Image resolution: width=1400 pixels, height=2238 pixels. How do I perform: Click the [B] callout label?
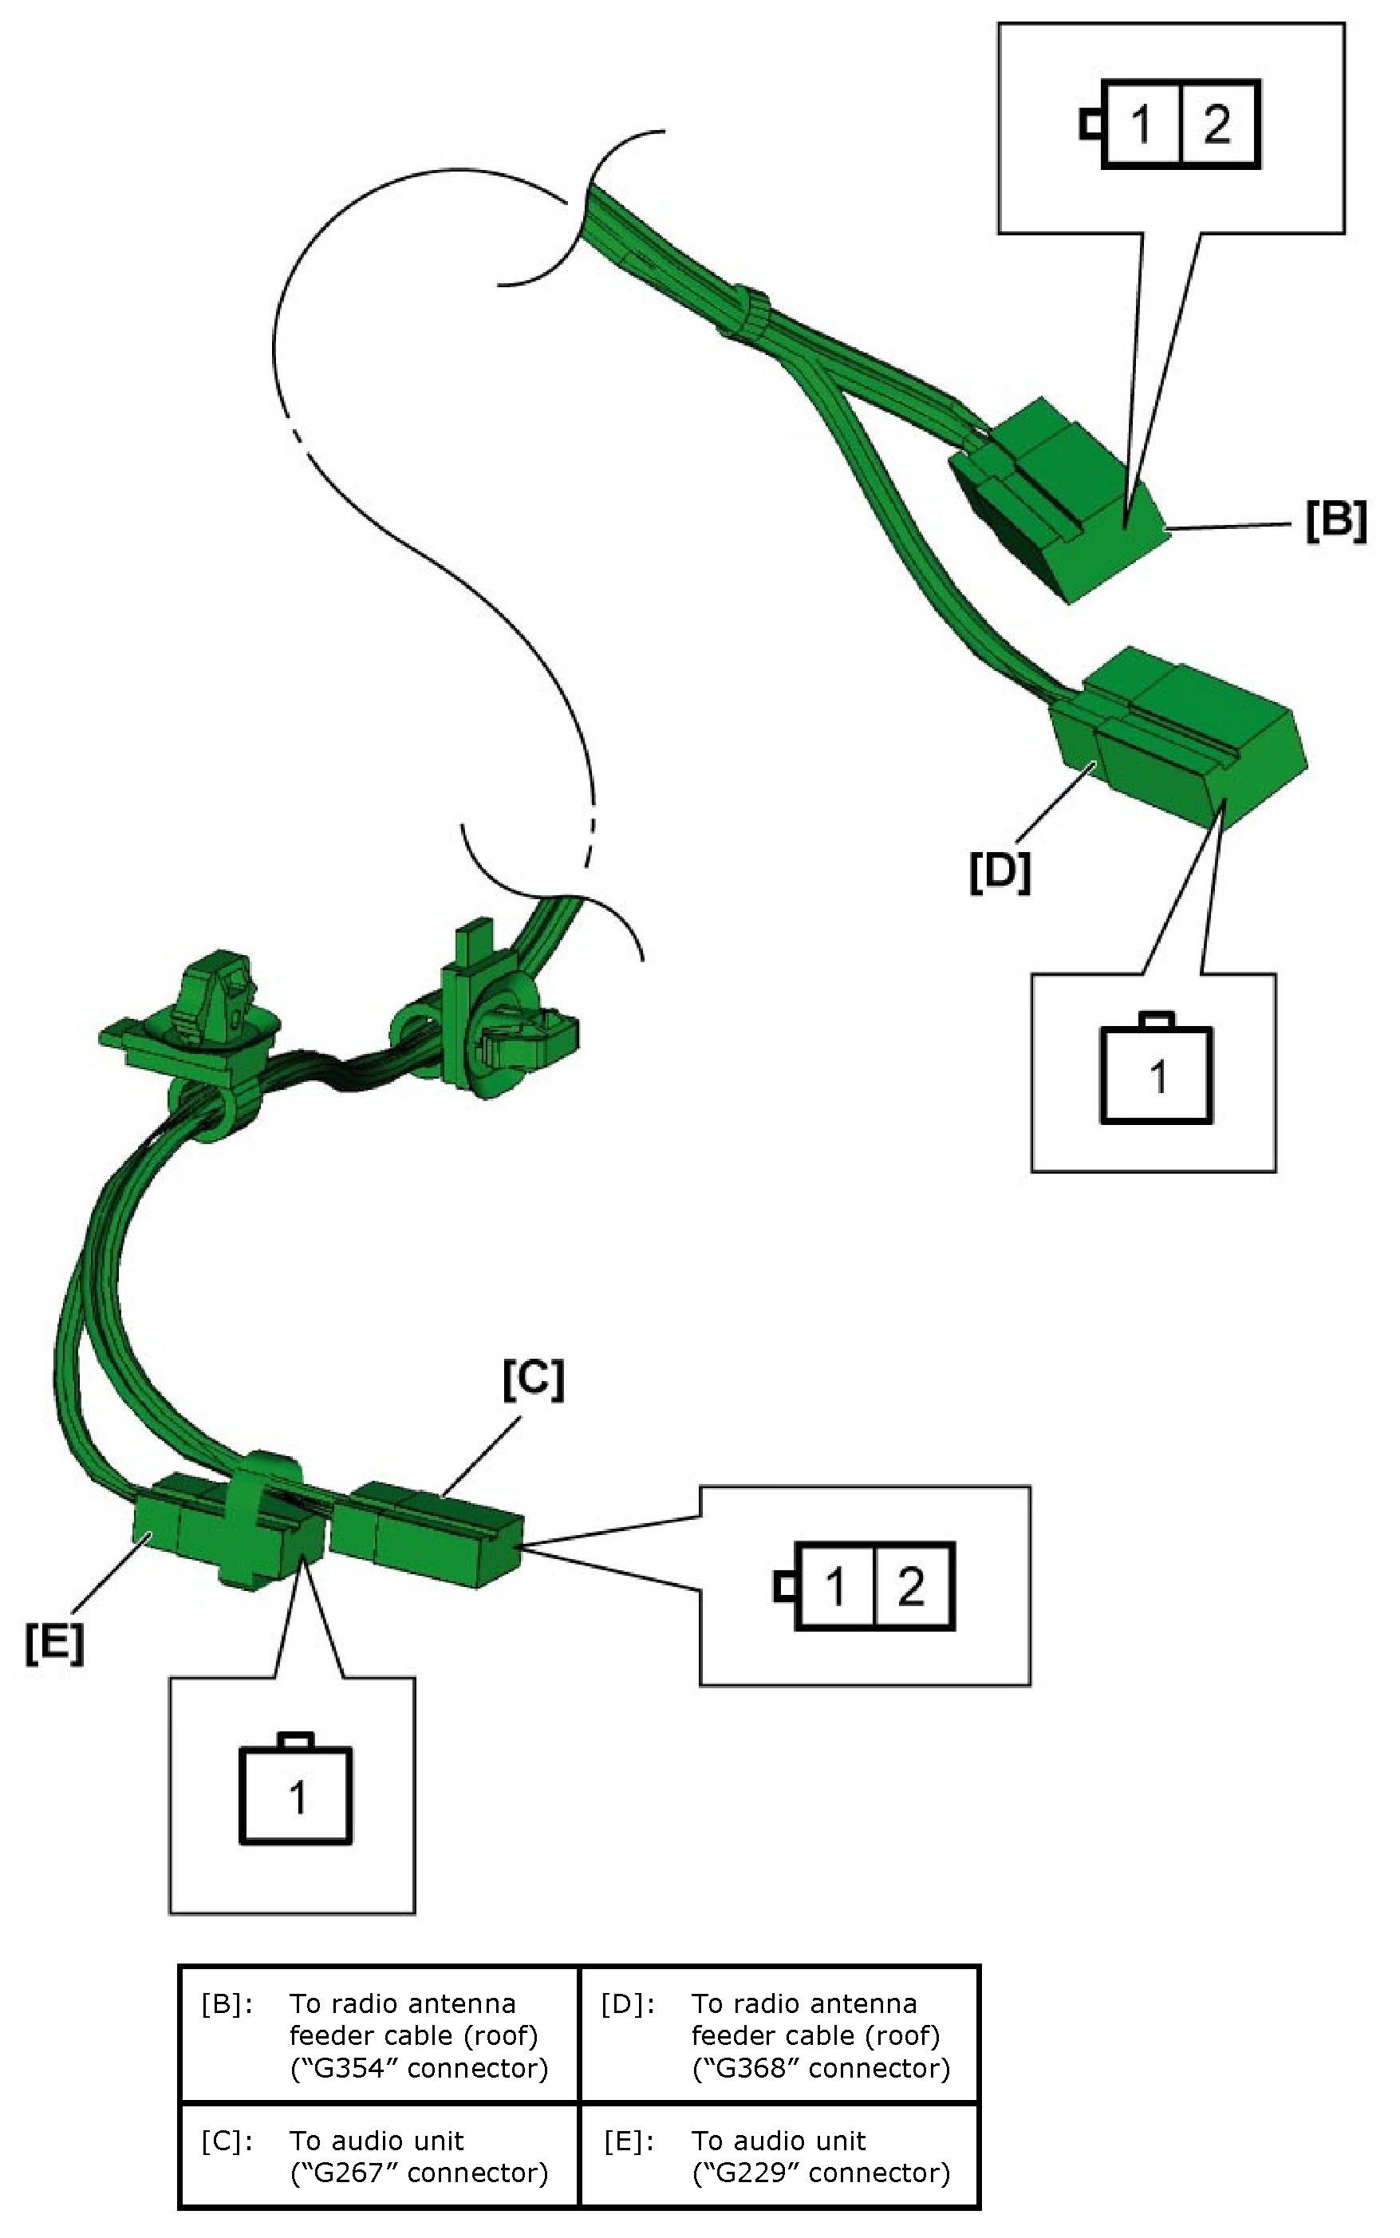[1336, 520]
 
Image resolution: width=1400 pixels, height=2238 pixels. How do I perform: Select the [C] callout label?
[534, 1379]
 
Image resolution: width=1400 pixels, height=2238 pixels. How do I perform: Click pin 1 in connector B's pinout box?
[1142, 124]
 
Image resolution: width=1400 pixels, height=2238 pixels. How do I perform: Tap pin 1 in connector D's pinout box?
[1157, 1076]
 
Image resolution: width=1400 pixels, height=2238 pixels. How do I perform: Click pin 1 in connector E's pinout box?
[296, 1798]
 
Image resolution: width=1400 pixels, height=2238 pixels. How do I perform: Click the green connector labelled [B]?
[1060, 499]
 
